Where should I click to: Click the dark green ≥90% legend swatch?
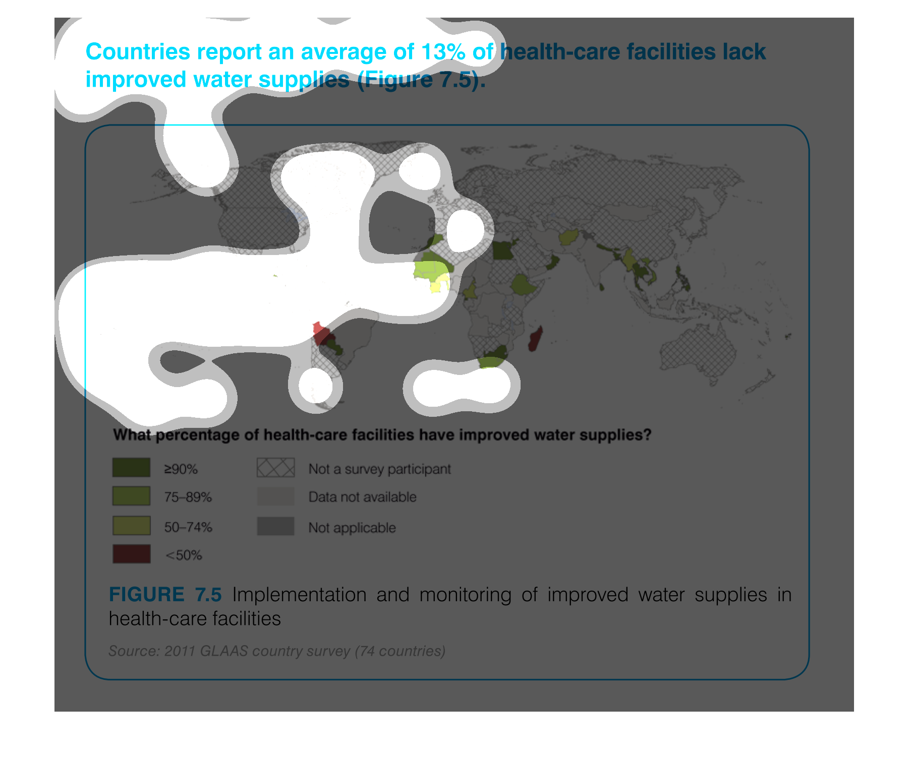click(131, 467)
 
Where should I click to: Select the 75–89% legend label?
click(188, 497)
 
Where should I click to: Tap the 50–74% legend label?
click(188, 527)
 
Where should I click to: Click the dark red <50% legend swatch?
click(131, 554)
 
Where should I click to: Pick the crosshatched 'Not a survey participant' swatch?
click(275, 468)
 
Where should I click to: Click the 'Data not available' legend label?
click(363, 497)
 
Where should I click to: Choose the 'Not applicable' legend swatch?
click(275, 526)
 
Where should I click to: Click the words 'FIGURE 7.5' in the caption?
click(165, 595)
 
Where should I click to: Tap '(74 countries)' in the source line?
click(400, 651)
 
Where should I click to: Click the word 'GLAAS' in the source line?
click(224, 651)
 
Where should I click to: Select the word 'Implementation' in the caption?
click(299, 595)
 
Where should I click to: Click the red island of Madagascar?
click(535, 338)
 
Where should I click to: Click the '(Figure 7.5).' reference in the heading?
click(421, 80)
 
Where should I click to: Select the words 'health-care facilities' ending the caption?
click(195, 619)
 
